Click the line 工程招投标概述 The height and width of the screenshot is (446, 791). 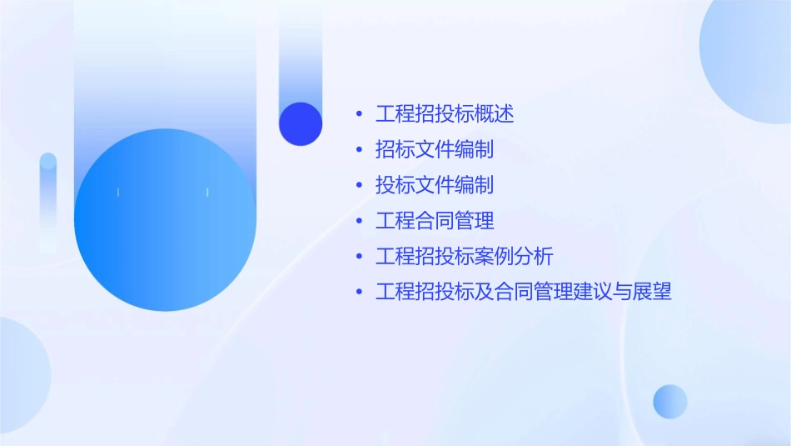pyautogui.click(x=445, y=114)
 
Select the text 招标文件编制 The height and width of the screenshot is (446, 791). pyautogui.click(x=435, y=150)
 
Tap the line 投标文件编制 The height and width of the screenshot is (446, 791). pyautogui.click(x=435, y=185)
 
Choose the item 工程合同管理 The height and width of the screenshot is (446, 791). pyautogui.click(x=435, y=221)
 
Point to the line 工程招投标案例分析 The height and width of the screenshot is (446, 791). pyautogui.click(x=465, y=256)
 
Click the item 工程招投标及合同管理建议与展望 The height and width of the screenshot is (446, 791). pyautogui.click(x=523, y=292)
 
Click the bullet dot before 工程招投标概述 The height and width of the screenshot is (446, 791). pyautogui.click(x=359, y=114)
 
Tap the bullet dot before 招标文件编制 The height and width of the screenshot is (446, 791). pyautogui.click(x=359, y=150)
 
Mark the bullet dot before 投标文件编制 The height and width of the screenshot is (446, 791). pyautogui.click(x=359, y=185)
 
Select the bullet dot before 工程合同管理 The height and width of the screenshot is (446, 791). pyautogui.click(x=359, y=221)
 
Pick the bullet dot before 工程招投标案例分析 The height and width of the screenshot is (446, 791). pyautogui.click(x=359, y=256)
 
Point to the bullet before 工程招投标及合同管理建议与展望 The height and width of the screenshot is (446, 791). pyautogui.click(x=359, y=292)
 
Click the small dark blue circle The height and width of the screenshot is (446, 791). pyautogui.click(x=301, y=123)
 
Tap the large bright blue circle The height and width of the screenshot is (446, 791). pyautogui.click(x=165, y=220)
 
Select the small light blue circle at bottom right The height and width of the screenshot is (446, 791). pyautogui.click(x=670, y=401)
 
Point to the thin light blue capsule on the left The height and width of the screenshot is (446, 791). pyautogui.click(x=48, y=200)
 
